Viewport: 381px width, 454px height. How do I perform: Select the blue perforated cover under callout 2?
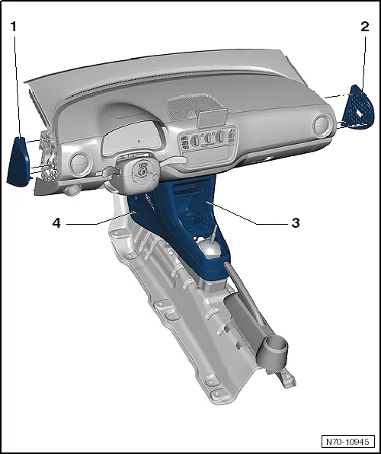[358, 107]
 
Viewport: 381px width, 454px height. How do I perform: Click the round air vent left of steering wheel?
[78, 161]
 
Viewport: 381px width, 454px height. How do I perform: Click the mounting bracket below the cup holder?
[288, 379]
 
